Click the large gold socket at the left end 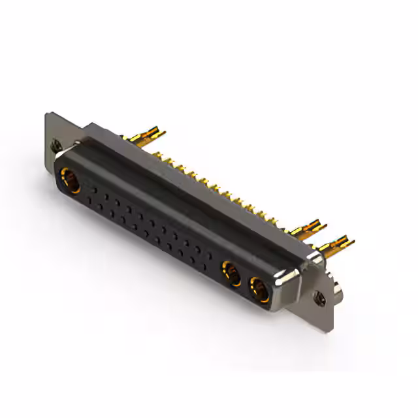click(70, 179)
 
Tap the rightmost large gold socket click(259, 289)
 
